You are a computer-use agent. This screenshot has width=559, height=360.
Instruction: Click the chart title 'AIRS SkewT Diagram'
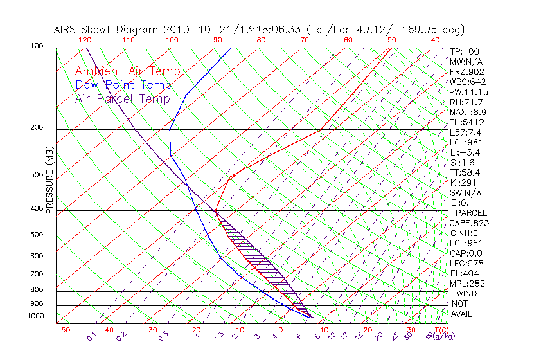[107, 30]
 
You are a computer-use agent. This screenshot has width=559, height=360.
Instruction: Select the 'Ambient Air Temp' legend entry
[127, 71]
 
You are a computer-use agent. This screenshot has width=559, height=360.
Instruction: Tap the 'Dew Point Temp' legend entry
[123, 85]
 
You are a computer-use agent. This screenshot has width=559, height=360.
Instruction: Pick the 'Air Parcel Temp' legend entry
[122, 98]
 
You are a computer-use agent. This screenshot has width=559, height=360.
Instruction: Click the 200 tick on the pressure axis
[36, 127]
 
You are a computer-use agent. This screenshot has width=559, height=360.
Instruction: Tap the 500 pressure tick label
[36, 235]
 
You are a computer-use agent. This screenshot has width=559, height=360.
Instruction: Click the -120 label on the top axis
[82, 39]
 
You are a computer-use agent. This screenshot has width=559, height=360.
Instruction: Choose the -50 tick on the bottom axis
[62, 330]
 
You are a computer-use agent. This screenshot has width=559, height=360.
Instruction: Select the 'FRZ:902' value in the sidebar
[465, 71]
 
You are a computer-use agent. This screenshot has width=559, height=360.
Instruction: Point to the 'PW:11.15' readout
[468, 92]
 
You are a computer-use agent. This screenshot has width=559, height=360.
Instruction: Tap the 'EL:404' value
[464, 273]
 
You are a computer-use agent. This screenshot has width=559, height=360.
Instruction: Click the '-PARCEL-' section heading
[471, 213]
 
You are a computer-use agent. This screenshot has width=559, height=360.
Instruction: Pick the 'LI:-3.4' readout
[465, 152]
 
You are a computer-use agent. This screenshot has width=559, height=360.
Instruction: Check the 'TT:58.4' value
[465, 172]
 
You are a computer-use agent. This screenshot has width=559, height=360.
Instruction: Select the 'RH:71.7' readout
[466, 102]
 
